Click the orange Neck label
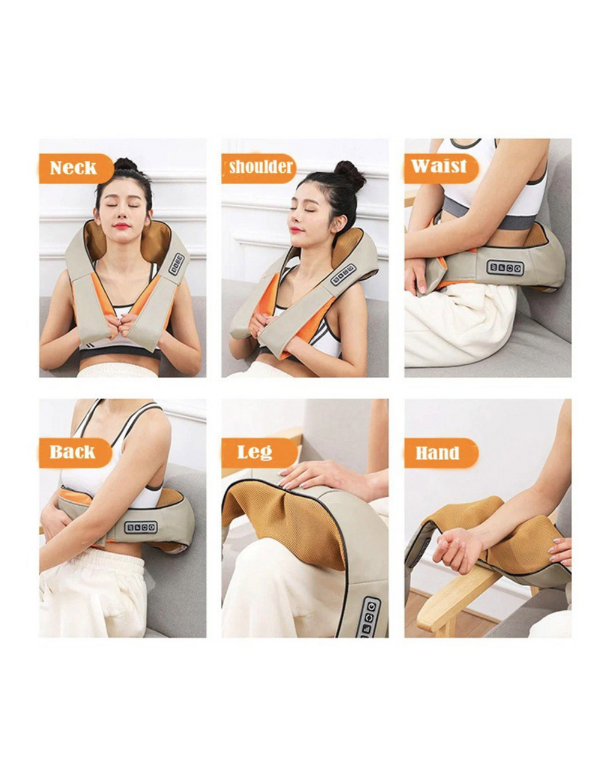[76, 169]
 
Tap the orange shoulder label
[259, 169]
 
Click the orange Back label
[76, 452]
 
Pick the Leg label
[259, 452]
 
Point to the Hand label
[441, 452]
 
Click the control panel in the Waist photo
[505, 268]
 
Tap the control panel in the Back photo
[140, 527]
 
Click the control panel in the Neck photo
[176, 264]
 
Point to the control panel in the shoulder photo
[343, 275]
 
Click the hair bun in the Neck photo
[126, 164]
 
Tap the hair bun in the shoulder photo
[350, 175]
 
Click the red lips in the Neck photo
[122, 226]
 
